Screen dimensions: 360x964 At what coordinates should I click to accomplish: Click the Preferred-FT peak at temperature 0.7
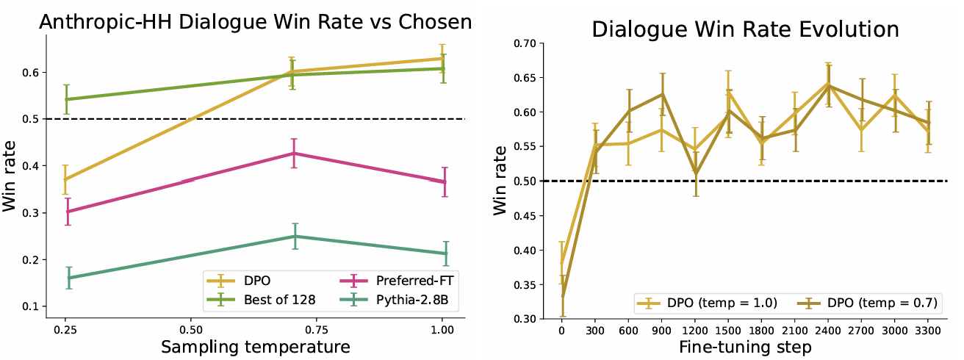pos(294,153)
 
